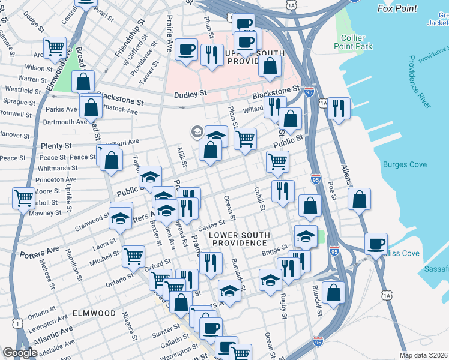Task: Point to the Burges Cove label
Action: pos(405,164)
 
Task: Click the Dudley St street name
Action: pos(190,94)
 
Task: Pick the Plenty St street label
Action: pos(56,146)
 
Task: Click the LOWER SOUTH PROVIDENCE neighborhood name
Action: pos(238,239)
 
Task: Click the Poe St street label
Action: pos(331,191)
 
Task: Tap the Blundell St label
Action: pos(318,305)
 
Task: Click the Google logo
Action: pos(20,353)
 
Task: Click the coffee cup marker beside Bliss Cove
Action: pos(376,244)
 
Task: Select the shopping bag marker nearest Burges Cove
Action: pos(359,199)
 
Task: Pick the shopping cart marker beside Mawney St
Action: pos(23,197)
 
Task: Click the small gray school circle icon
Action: pos(196,131)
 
